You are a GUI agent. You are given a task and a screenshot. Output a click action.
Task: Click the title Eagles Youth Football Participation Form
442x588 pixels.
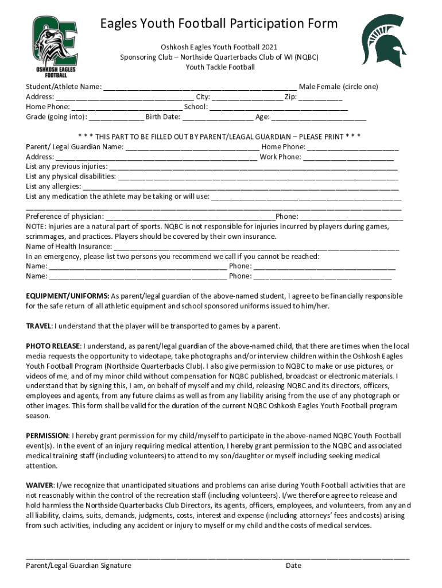(x=219, y=24)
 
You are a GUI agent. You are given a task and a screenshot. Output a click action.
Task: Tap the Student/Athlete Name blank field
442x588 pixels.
(x=200, y=87)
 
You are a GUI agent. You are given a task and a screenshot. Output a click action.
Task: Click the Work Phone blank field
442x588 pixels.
(x=348, y=157)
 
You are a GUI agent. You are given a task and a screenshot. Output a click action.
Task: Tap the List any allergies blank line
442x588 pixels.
(x=241, y=187)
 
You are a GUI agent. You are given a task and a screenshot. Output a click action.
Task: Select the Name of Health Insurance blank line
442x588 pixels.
(x=257, y=246)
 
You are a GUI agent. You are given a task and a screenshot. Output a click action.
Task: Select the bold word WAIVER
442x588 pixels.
(x=39, y=485)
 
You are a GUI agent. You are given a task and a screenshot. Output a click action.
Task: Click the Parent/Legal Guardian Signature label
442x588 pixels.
(x=79, y=566)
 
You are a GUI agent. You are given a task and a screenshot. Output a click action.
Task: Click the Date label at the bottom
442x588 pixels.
(x=293, y=566)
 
